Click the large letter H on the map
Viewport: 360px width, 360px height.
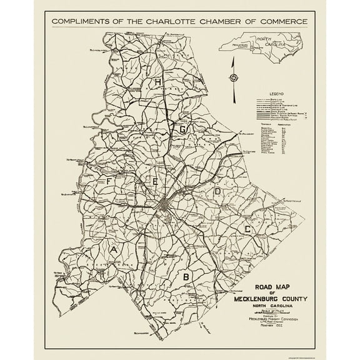(159, 83)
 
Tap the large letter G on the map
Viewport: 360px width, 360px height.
(184, 129)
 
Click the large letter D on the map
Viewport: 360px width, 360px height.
(217, 191)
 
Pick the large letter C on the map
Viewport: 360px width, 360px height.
(247, 229)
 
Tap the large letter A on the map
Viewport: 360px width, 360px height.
(113, 250)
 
